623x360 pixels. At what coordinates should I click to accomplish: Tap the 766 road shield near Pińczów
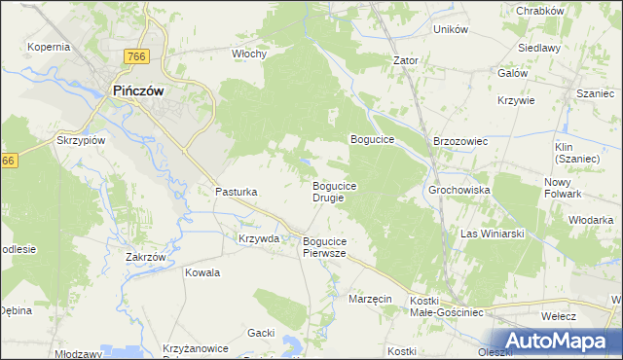(x=136, y=57)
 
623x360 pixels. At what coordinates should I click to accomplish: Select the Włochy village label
(x=249, y=54)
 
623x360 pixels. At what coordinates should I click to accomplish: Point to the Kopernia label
(x=49, y=47)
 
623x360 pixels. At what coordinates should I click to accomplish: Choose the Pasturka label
(x=236, y=193)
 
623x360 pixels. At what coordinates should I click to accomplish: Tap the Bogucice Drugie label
(x=334, y=191)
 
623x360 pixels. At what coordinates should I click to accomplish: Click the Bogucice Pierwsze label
(x=325, y=247)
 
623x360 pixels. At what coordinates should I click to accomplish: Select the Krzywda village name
(x=259, y=238)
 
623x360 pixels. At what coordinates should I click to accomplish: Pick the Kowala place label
(x=202, y=272)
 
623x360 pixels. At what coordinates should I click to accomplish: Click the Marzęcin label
(x=370, y=300)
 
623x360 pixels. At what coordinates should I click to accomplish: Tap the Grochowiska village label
(x=458, y=190)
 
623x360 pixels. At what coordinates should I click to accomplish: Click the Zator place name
(x=405, y=60)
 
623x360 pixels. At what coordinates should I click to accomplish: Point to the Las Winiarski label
(x=493, y=234)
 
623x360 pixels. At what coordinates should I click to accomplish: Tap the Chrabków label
(x=541, y=11)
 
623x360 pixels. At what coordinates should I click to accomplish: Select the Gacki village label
(x=260, y=333)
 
